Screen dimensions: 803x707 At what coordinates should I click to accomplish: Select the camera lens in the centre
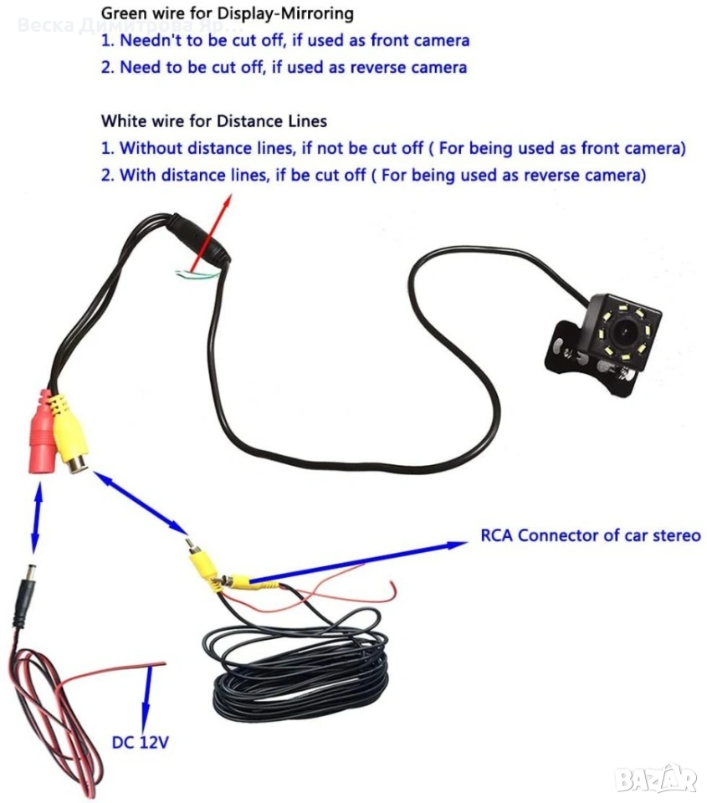(x=625, y=331)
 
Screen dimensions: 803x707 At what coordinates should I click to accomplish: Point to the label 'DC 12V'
(x=141, y=741)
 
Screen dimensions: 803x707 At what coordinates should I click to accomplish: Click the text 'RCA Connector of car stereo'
(x=590, y=535)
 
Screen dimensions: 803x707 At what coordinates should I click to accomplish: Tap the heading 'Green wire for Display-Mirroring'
(x=227, y=14)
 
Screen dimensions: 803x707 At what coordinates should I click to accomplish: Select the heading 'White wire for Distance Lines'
(x=213, y=121)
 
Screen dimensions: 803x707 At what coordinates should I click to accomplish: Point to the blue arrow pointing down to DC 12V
(x=149, y=695)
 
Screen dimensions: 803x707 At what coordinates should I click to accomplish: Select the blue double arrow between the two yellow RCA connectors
(x=141, y=503)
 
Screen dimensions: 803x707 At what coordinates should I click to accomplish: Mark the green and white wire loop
(x=197, y=273)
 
